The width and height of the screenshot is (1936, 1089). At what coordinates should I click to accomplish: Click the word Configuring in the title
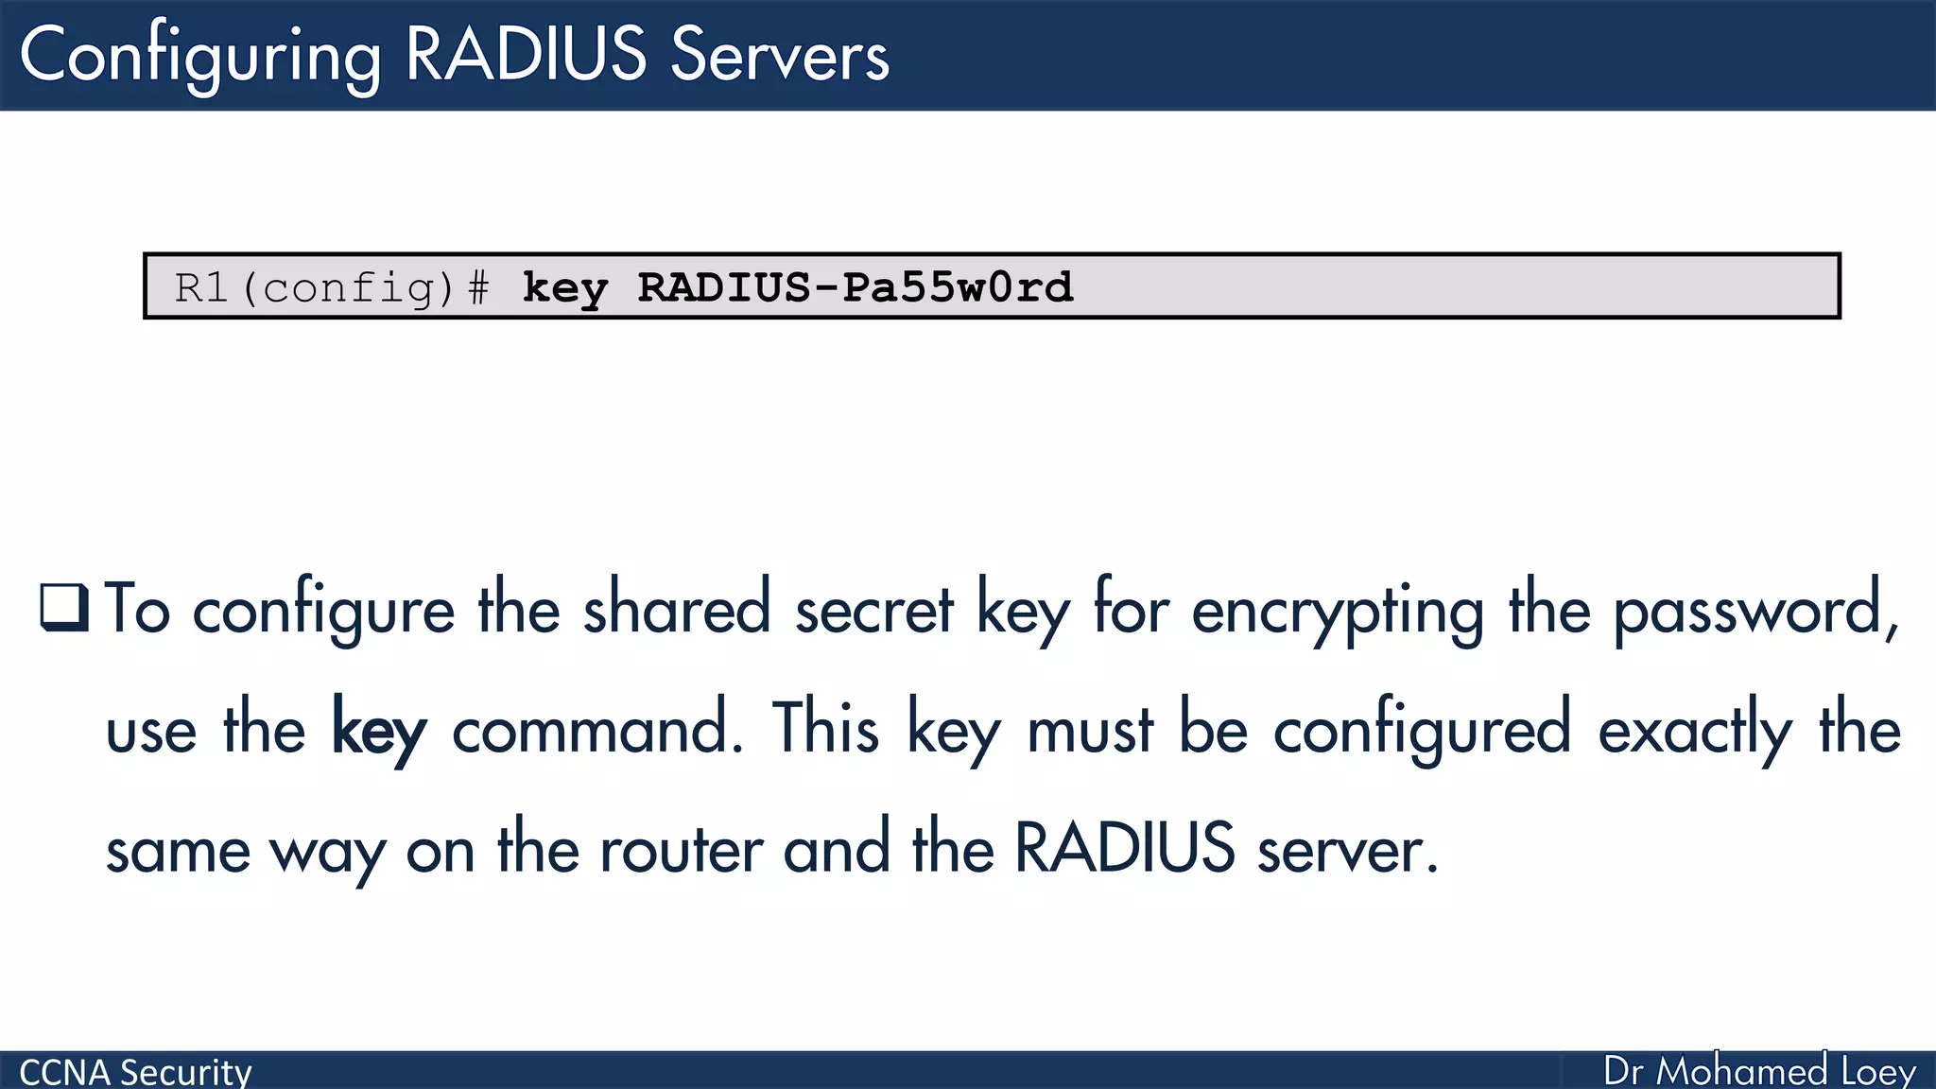coord(200,57)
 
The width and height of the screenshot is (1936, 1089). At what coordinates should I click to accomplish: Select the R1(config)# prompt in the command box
coord(332,287)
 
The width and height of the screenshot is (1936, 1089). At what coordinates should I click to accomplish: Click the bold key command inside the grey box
coord(564,287)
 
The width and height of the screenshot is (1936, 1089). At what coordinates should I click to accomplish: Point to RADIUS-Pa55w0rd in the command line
coord(856,287)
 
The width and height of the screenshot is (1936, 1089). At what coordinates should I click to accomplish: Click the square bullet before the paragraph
coord(64,608)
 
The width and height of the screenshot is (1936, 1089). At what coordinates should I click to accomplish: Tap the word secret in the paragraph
coord(874,610)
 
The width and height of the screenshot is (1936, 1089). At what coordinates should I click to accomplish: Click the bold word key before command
coord(379,731)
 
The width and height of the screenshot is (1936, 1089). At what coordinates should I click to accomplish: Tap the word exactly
coord(1695,731)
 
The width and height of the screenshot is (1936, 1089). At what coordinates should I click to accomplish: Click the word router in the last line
coord(682,850)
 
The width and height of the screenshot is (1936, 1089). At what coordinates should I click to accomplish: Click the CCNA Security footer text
coord(135,1072)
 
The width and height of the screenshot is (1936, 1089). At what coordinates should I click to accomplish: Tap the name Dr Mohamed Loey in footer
coord(1759,1071)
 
